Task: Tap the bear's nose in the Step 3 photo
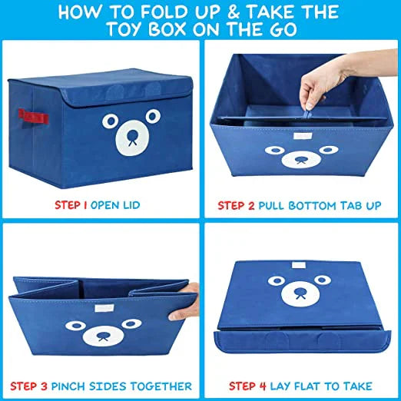point(100,336)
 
